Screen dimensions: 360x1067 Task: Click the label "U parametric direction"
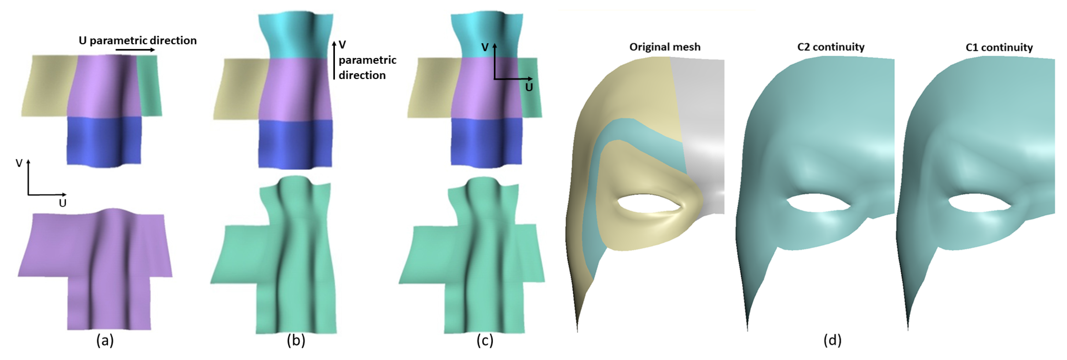[x=138, y=41]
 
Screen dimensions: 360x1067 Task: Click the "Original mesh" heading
[x=665, y=47]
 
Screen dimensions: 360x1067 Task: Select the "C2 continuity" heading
[x=831, y=47]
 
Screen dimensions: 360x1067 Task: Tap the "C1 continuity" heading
[x=999, y=47]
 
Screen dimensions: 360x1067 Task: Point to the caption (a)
[x=105, y=341]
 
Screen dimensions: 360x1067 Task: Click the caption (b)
[x=296, y=341]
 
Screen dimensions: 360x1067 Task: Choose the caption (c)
[x=485, y=341]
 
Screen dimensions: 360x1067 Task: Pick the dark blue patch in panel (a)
[x=103, y=141]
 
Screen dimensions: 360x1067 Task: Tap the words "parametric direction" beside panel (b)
[x=367, y=68]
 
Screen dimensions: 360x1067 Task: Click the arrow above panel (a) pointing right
[x=135, y=50]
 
